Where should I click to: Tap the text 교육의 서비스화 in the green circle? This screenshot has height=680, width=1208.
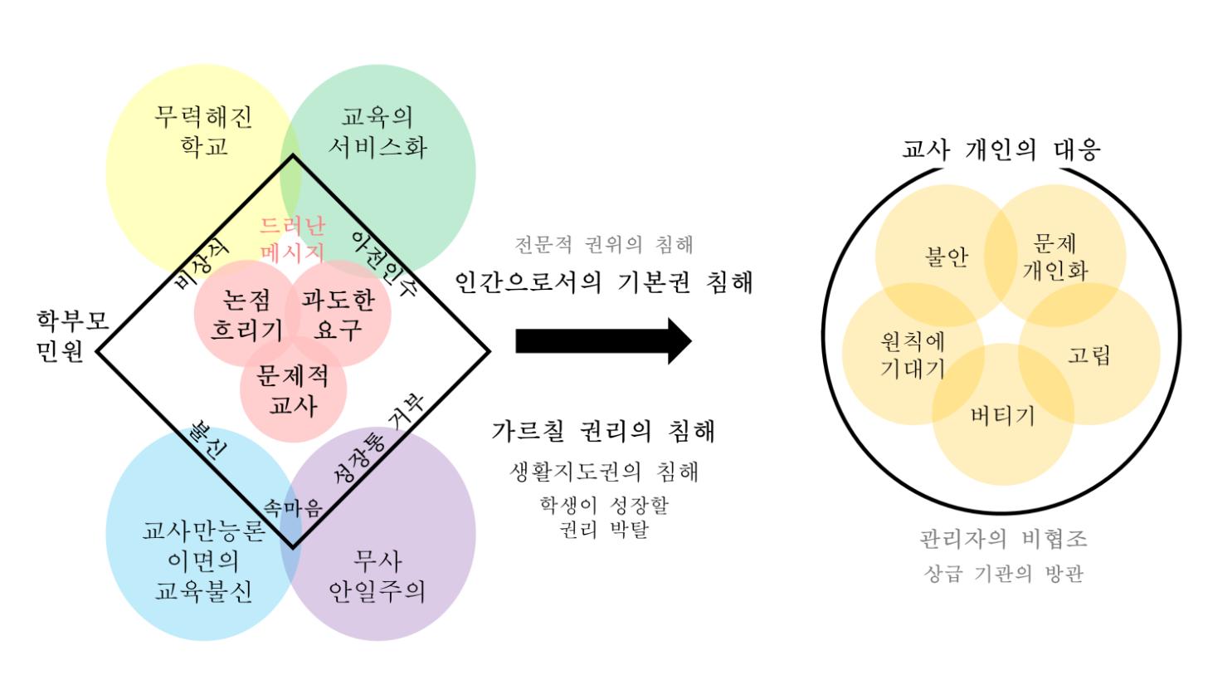[377, 131]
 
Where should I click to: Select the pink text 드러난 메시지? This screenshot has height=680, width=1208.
[292, 238]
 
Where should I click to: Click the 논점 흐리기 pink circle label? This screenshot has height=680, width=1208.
[246, 315]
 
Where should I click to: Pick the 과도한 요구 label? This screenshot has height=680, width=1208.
[339, 315]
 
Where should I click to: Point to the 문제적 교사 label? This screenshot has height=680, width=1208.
[293, 390]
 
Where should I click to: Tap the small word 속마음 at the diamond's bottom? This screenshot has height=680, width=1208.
[292, 508]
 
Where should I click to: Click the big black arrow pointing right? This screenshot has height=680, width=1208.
[603, 340]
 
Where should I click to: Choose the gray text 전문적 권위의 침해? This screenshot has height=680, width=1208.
[603, 245]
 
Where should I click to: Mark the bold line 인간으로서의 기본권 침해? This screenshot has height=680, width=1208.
[604, 283]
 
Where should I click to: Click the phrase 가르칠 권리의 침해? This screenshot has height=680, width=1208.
[603, 431]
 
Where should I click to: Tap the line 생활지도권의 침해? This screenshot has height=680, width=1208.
[603, 472]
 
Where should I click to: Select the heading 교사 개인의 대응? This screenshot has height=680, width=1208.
[1001, 149]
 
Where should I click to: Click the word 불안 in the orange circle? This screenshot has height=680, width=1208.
[947, 257]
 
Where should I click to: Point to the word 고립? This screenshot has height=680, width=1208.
[1089, 355]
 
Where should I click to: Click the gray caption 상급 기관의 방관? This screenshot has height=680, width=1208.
[1003, 574]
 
